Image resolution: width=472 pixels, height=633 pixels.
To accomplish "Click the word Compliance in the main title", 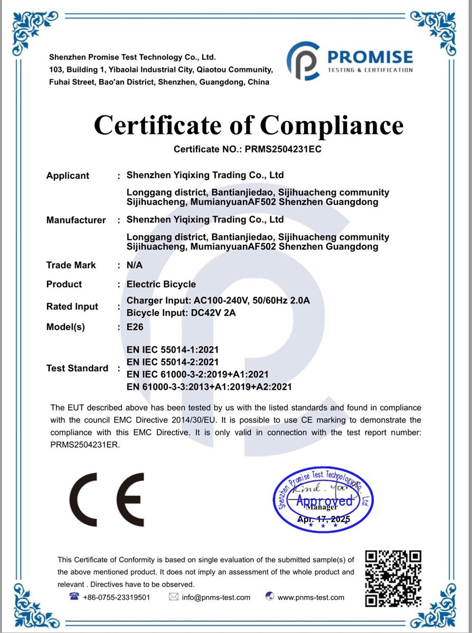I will pyautogui.click(x=332, y=126).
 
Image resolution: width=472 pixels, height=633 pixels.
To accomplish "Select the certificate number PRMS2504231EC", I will pyautogui.click(x=282, y=149).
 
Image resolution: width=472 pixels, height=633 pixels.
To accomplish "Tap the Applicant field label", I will pyautogui.click(x=68, y=176).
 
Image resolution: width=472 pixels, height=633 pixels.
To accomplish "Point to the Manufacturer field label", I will pyautogui.click(x=76, y=220).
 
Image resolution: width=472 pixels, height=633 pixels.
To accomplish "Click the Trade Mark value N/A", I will pyautogui.click(x=135, y=265).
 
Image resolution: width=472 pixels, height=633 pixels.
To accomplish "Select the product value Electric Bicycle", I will pyautogui.click(x=161, y=284).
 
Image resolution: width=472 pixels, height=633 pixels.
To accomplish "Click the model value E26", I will pyautogui.click(x=135, y=327).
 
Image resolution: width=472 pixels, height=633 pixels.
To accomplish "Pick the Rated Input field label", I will pyautogui.click(x=72, y=306).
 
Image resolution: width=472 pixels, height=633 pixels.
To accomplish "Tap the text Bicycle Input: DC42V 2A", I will pyautogui.click(x=181, y=312).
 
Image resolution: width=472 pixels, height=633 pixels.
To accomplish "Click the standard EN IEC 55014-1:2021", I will pyautogui.click(x=173, y=349).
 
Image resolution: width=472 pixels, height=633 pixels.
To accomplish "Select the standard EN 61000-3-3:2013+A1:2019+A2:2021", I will pyautogui.click(x=209, y=387).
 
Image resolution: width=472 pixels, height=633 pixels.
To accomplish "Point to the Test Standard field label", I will pyautogui.click(x=77, y=368).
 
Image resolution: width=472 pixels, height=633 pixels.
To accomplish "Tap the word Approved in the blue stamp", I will pyautogui.click(x=324, y=500).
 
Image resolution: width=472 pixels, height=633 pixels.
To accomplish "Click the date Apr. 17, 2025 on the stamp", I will pyautogui.click(x=324, y=520).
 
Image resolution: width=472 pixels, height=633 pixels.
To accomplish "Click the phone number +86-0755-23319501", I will pyautogui.click(x=116, y=597).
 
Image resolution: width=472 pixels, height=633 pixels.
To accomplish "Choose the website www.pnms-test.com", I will pyautogui.click(x=310, y=597).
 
